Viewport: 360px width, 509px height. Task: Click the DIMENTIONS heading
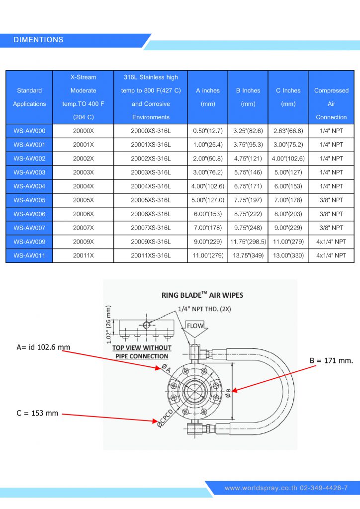pyautogui.click(x=38, y=40)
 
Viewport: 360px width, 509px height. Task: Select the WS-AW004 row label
pyautogui.click(x=29, y=186)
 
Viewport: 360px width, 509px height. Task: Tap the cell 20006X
pyautogui.click(x=83, y=214)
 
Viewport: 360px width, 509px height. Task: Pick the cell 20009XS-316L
pyautogui.click(x=151, y=242)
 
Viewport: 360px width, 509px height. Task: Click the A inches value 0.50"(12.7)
pyautogui.click(x=208, y=131)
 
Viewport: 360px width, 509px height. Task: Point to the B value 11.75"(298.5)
pyautogui.click(x=248, y=242)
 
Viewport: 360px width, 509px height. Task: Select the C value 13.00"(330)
pyautogui.click(x=288, y=255)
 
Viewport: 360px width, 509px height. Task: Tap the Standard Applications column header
pyautogui.click(x=29, y=97)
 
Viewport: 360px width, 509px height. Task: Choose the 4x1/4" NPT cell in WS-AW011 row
pyautogui.click(x=331, y=255)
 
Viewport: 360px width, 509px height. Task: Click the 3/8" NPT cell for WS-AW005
pyautogui.click(x=331, y=200)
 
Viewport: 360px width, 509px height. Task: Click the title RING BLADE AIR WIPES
pyautogui.click(x=202, y=295)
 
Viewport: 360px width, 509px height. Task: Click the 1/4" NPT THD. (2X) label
pyautogui.click(x=205, y=309)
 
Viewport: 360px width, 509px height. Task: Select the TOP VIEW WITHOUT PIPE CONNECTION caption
pyautogui.click(x=142, y=352)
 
